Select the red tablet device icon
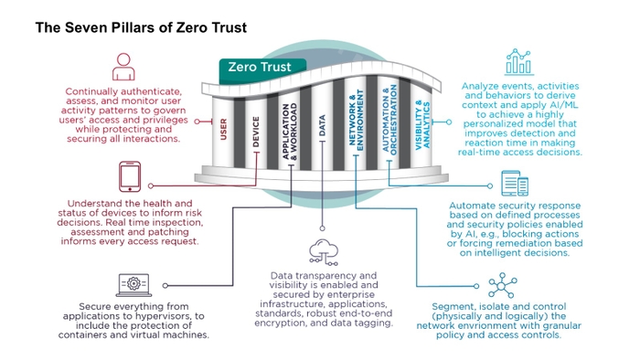[131, 177]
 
